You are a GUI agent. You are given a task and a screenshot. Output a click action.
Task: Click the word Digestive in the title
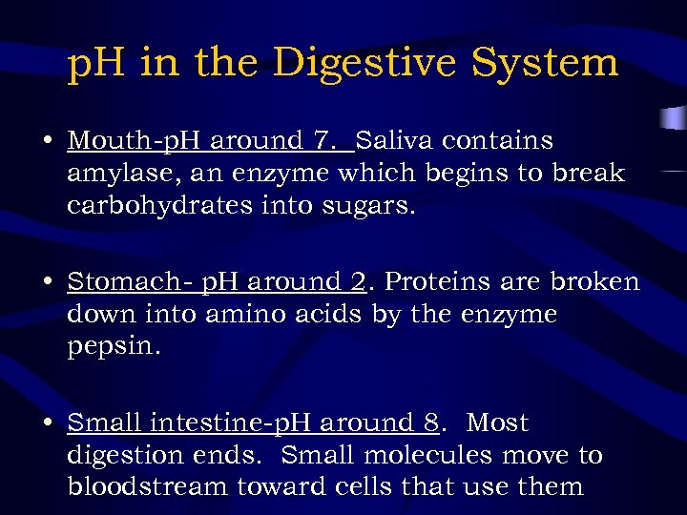(x=362, y=64)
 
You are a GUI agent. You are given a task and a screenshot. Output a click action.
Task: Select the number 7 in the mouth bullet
(x=323, y=141)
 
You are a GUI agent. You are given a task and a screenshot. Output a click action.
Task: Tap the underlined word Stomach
(x=119, y=282)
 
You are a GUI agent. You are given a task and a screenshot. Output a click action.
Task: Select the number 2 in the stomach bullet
(x=358, y=282)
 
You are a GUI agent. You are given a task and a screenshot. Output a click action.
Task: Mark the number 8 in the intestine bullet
(x=431, y=422)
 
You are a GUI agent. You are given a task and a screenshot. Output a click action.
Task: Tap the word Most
(x=497, y=422)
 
